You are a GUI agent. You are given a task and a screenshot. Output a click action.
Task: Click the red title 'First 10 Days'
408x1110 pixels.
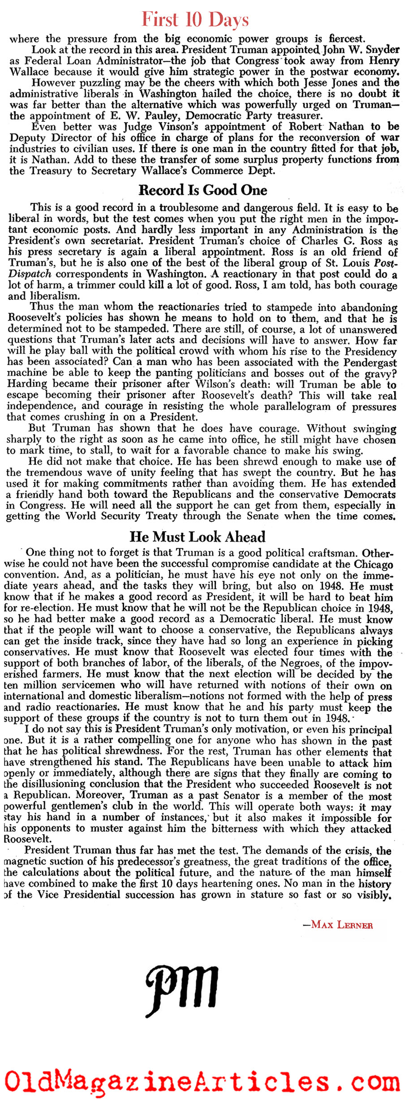195,20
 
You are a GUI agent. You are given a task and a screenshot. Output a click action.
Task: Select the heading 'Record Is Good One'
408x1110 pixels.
202,190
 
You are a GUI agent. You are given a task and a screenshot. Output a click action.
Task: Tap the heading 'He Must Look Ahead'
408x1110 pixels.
198,537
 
